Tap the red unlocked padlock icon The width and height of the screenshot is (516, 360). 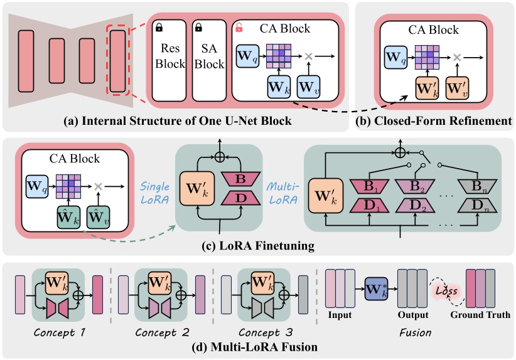239,28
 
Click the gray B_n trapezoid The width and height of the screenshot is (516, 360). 478,186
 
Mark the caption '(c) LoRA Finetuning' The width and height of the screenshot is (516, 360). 259,247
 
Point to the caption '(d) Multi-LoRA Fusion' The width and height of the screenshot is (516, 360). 258,346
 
